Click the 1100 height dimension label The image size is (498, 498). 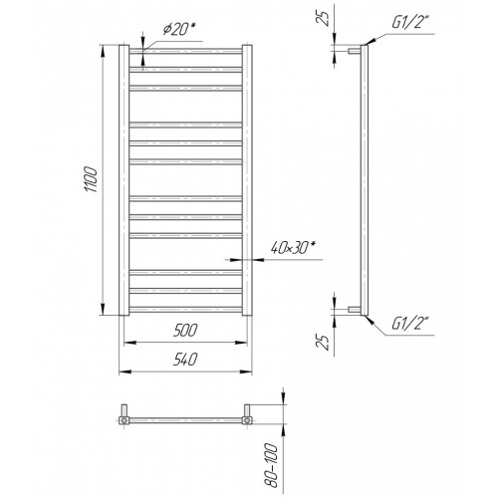point(91,179)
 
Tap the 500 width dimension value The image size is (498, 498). point(185,330)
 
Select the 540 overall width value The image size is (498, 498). point(185,360)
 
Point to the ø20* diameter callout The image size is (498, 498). point(178,29)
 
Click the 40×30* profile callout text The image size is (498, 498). point(293,248)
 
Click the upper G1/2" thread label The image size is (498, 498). point(410,23)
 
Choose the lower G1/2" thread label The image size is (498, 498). point(410,324)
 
